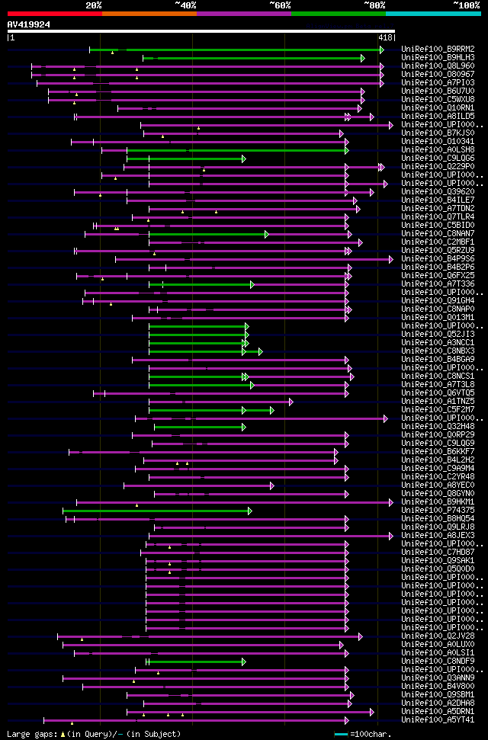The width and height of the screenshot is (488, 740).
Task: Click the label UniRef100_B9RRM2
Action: (438, 49)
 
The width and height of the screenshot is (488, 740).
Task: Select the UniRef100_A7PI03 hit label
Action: (438, 82)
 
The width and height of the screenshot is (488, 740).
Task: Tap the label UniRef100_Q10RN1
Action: (438, 107)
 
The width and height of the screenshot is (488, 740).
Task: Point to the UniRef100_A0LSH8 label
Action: (438, 149)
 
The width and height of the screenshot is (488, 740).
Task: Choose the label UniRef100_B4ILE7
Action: (438, 200)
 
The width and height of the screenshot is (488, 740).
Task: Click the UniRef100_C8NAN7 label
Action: (438, 233)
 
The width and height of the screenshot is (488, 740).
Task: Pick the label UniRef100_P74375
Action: (438, 510)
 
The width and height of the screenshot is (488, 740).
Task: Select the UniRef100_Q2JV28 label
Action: (438, 636)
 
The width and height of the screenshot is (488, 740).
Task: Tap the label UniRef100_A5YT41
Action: (438, 719)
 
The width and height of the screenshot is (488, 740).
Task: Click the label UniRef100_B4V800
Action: (438, 686)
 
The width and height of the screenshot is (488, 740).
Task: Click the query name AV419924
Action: (29, 24)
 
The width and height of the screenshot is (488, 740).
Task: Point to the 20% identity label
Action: (94, 5)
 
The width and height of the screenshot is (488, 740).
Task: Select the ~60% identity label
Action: (280, 5)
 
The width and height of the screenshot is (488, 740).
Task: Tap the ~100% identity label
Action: (466, 5)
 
